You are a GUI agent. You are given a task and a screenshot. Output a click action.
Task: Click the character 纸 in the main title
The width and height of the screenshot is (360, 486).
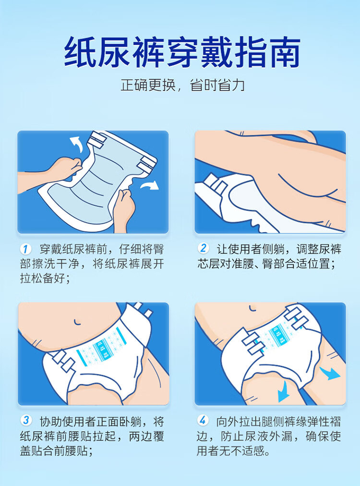click(x=80, y=52)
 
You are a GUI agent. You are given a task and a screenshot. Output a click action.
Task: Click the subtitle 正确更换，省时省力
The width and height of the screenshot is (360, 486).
click(x=182, y=85)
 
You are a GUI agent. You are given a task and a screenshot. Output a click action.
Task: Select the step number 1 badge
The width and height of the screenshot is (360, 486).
click(x=26, y=249)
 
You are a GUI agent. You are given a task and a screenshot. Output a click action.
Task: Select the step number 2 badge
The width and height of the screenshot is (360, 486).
click(x=203, y=248)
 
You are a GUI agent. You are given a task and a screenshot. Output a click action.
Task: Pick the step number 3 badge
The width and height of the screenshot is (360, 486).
click(x=26, y=420)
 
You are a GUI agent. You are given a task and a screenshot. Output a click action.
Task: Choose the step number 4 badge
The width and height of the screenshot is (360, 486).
click(x=203, y=421)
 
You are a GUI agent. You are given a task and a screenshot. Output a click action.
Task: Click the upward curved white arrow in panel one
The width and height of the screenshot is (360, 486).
click(x=77, y=144)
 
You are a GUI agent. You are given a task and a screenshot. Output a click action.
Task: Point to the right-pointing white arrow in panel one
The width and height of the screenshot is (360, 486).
click(x=149, y=185)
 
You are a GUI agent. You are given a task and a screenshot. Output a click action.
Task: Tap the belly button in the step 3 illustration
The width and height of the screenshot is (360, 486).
click(x=77, y=321)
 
